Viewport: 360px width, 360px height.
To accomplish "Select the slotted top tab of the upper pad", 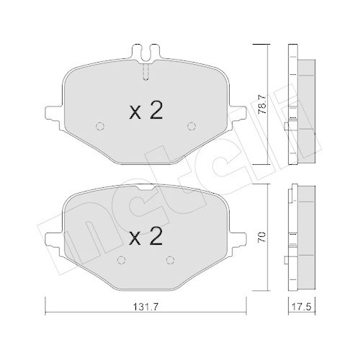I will [x=147, y=53].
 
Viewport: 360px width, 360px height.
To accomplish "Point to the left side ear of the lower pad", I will [x=53, y=238].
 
